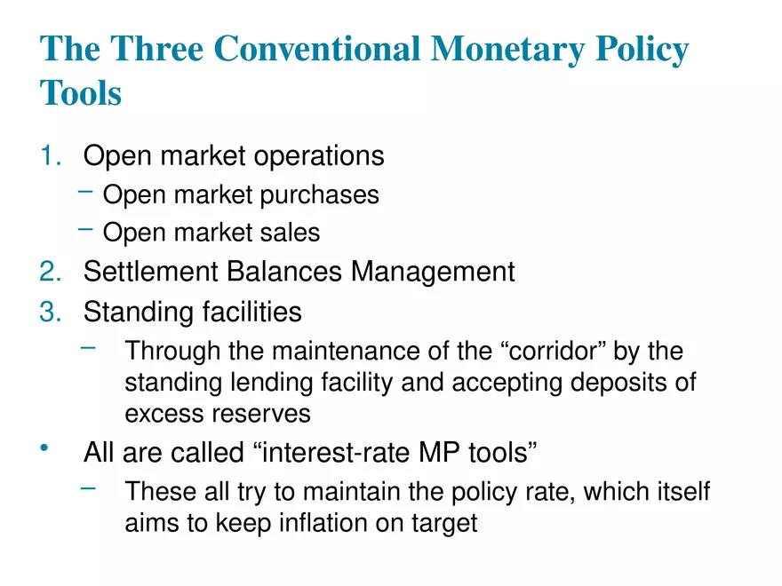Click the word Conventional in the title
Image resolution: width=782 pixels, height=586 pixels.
point(316,49)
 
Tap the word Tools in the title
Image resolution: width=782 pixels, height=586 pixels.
point(81,92)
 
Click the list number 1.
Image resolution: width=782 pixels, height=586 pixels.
point(52,155)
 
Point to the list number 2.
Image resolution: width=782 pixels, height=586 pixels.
point(52,271)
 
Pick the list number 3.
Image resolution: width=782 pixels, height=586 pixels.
point(52,312)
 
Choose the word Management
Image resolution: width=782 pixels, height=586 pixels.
point(433,271)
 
